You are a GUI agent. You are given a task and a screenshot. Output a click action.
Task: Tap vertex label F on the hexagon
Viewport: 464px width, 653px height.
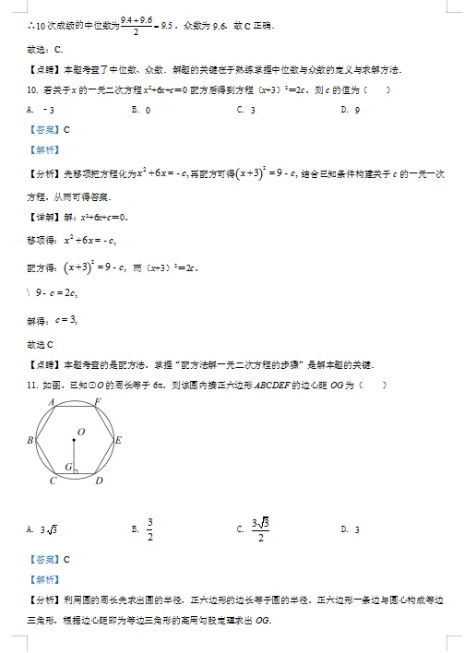point(99,402)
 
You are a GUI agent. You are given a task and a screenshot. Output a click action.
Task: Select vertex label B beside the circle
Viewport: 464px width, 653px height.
point(30,441)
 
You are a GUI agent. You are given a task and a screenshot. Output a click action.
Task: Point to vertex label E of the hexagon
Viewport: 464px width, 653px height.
point(119,441)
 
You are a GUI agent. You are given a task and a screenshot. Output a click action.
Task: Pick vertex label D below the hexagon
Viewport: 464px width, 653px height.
point(99,481)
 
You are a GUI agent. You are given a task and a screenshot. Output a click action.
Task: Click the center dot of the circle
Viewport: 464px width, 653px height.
point(75,440)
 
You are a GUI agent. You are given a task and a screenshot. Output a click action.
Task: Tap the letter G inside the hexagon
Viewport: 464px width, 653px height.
point(66,468)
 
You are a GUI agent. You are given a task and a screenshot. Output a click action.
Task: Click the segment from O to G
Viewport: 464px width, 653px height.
point(75,456)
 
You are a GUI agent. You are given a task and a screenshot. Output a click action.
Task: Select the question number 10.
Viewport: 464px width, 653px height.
point(33,89)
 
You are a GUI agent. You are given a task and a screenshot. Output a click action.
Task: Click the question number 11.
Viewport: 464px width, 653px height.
point(33,385)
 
